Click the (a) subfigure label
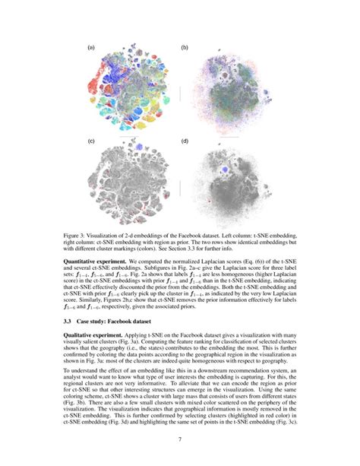(91, 48)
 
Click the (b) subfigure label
(185, 48)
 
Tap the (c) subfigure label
(91, 141)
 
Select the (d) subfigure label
(185, 141)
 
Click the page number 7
(180, 440)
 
